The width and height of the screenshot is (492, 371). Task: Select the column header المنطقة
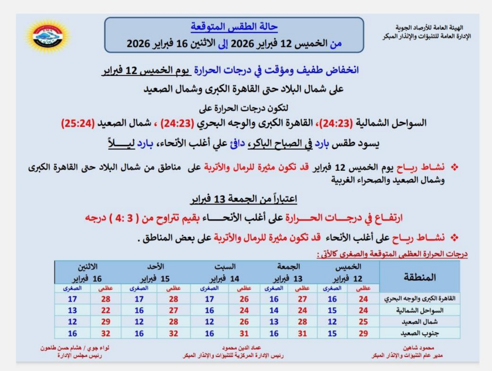click(x=419, y=277)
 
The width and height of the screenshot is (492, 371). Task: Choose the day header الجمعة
click(x=289, y=267)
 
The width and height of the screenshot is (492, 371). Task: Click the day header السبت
click(x=225, y=267)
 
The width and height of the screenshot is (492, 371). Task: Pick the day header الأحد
click(x=156, y=267)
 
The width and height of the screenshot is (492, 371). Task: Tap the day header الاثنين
click(x=89, y=267)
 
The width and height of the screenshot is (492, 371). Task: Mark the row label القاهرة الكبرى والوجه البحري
click(x=420, y=299)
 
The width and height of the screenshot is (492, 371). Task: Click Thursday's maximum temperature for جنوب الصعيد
click(x=363, y=334)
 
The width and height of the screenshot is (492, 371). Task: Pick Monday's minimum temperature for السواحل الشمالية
click(x=72, y=311)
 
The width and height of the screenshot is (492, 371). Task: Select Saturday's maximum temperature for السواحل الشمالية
click(x=243, y=311)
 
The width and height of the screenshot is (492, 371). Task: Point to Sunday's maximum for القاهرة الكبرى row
click(x=173, y=299)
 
